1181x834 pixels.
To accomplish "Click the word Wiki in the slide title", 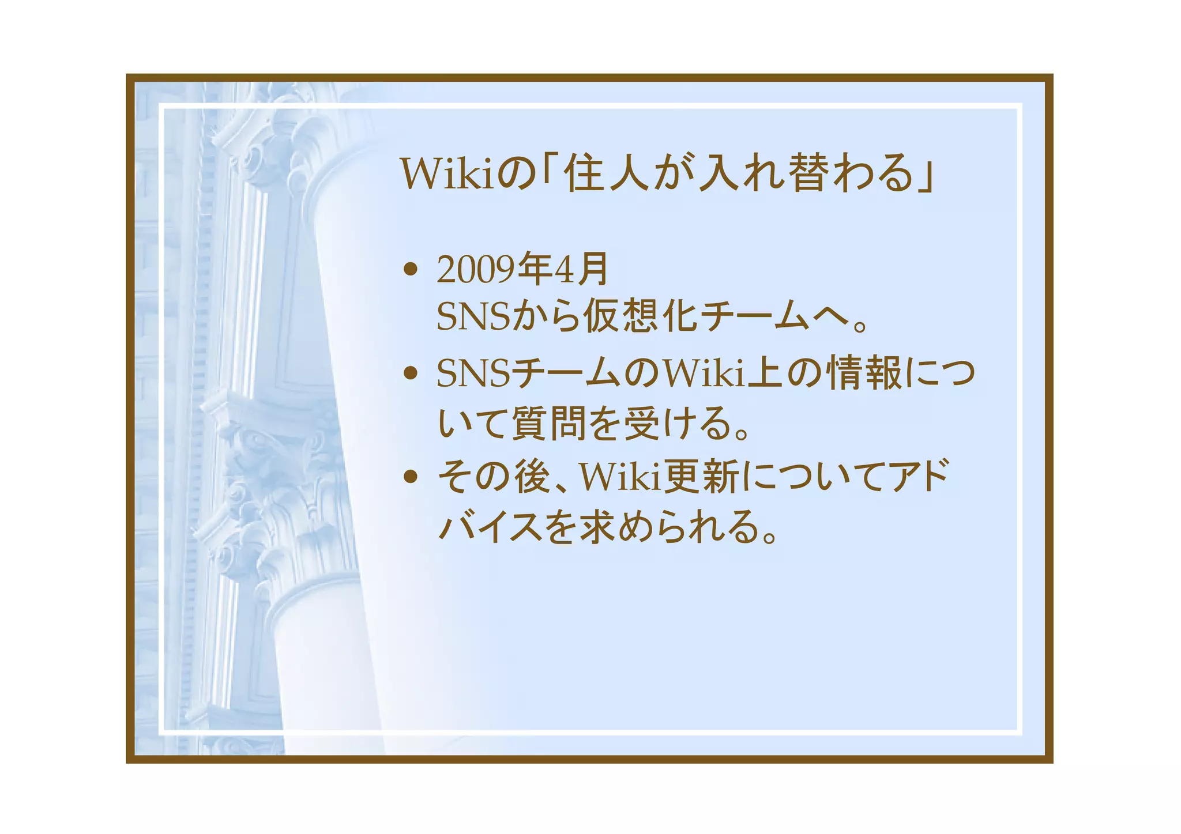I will [x=447, y=173].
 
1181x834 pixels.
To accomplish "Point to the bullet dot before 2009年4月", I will [x=410, y=269].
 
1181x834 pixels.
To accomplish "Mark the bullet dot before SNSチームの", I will [x=410, y=373].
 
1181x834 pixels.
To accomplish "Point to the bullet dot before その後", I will [x=410, y=477].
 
